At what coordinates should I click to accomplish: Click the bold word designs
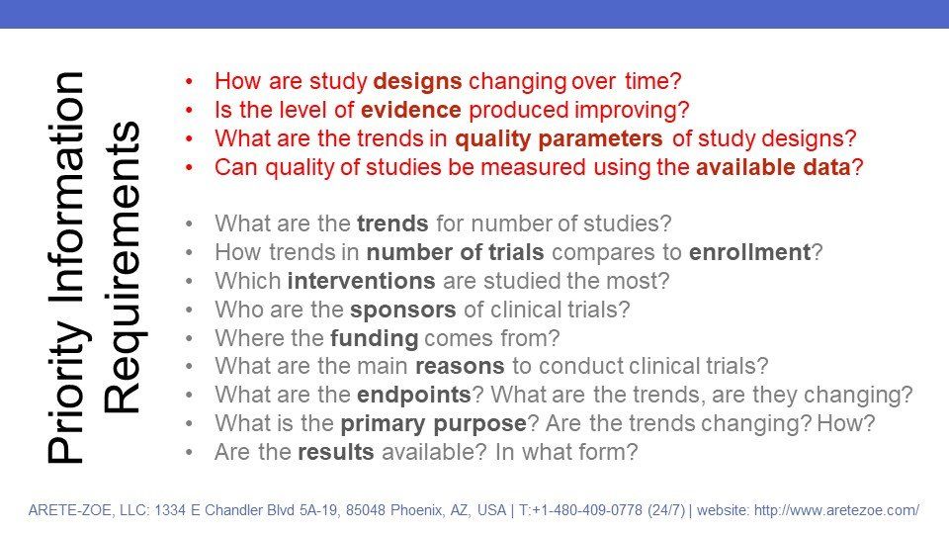pyautogui.click(x=417, y=81)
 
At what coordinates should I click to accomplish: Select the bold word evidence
pyautogui.click(x=411, y=110)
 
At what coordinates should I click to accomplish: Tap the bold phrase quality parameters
pyautogui.click(x=559, y=139)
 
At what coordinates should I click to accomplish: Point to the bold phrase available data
pyautogui.click(x=773, y=167)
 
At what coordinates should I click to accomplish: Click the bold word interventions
pyautogui.click(x=362, y=281)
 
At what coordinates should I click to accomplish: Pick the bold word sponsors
pyautogui.click(x=403, y=310)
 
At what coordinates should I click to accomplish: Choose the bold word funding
pyautogui.click(x=374, y=338)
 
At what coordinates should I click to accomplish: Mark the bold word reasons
pyautogui.click(x=460, y=366)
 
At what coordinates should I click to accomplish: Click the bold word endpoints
pyautogui.click(x=414, y=396)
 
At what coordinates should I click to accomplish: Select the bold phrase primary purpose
pyautogui.click(x=433, y=424)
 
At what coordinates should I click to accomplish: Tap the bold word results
pyautogui.click(x=336, y=452)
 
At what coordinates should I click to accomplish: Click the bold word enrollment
pyautogui.click(x=750, y=252)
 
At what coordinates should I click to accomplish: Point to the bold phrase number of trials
pyautogui.click(x=455, y=252)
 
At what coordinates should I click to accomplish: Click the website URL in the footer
pyautogui.click(x=836, y=510)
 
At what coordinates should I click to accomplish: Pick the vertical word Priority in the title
pyautogui.click(x=65, y=405)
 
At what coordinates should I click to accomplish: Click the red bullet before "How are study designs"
pyautogui.click(x=190, y=81)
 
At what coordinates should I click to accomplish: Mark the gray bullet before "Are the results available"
pyautogui.click(x=190, y=452)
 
